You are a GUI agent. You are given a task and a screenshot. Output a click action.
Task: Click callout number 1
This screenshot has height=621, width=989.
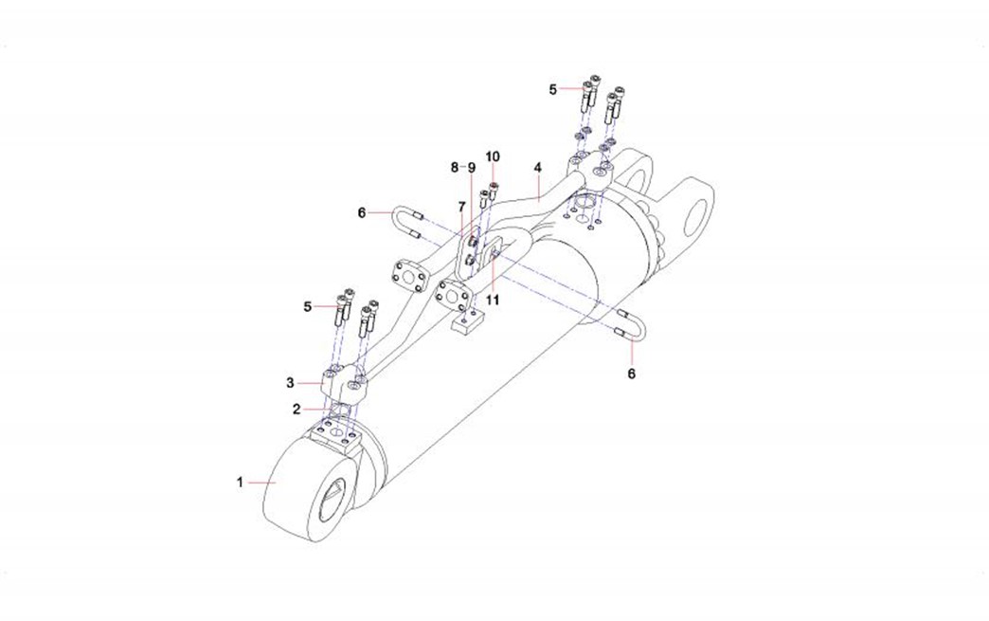[x=240, y=483]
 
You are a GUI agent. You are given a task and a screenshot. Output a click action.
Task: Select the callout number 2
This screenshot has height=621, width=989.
[x=297, y=410]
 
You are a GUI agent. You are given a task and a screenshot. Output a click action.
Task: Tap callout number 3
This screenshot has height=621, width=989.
[x=290, y=382]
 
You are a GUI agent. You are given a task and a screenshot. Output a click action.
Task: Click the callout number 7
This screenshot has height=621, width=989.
[x=461, y=207]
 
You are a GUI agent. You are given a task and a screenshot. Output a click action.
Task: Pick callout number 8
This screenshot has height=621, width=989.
[x=455, y=167]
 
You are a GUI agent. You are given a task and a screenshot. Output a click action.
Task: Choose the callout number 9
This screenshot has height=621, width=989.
[x=471, y=167]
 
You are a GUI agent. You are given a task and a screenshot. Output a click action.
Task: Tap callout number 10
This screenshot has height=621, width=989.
[x=493, y=155]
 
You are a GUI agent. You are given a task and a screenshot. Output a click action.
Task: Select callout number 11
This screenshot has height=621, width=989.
[x=493, y=300]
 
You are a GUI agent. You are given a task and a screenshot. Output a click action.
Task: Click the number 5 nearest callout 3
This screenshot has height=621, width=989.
[x=307, y=307]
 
